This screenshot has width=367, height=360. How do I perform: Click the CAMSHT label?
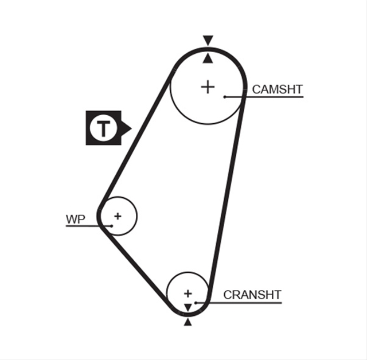277,89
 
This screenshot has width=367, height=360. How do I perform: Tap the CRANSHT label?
252,295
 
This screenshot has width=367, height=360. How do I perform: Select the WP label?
75,220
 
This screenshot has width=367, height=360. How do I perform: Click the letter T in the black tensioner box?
103,128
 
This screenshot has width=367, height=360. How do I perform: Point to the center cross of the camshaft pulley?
208,87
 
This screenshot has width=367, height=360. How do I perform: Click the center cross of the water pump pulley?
118,216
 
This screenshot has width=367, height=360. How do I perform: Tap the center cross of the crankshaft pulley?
188,294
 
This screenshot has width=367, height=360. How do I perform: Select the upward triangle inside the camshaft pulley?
208,58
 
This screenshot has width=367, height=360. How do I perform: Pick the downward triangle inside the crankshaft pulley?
188,308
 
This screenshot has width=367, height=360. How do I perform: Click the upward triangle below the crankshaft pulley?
188,323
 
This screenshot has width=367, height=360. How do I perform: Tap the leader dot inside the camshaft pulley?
225,97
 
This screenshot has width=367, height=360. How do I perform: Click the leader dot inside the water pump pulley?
112,226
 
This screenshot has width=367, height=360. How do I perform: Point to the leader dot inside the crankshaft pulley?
196,303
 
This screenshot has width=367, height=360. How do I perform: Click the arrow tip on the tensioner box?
131,128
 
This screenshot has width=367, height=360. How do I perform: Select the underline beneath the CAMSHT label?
264,97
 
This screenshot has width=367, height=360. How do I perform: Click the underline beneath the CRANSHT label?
239,303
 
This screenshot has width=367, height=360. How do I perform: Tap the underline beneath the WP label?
89,226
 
